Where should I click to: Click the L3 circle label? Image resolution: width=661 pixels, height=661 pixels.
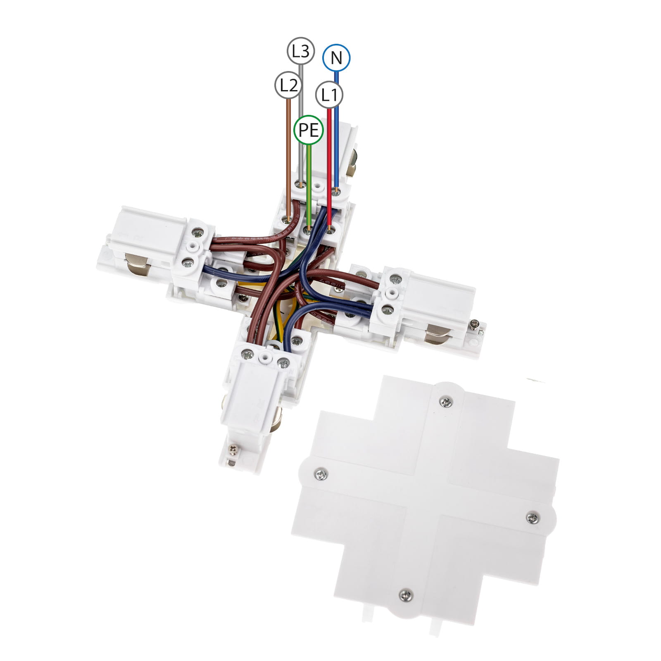[301, 51]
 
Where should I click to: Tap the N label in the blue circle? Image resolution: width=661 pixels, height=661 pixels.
[336, 58]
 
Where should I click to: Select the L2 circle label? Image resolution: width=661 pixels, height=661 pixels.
[288, 86]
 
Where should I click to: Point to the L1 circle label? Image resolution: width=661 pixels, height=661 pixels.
[329, 95]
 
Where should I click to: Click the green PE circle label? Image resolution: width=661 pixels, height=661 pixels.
[309, 130]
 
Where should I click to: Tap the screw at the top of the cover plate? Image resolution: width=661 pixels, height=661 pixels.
[445, 401]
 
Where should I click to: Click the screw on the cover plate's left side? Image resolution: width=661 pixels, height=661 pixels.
[321, 474]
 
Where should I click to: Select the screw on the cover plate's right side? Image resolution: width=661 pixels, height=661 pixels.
[533, 517]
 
